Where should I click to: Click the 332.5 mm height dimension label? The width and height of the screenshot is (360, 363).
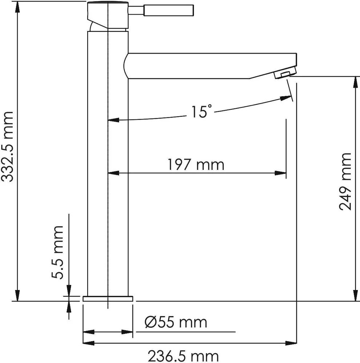[x=7, y=147]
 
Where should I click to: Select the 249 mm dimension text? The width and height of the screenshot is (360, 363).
[x=345, y=181]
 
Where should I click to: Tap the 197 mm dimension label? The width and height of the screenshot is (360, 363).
[x=196, y=165]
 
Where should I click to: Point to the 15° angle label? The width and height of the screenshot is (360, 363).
[x=201, y=111]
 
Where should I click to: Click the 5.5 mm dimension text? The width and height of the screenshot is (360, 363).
[x=57, y=252]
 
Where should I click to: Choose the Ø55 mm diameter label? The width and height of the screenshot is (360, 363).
[x=176, y=322]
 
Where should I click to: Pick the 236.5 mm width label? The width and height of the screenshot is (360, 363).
[x=183, y=356]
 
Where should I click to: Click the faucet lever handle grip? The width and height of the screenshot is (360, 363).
[x=169, y=11]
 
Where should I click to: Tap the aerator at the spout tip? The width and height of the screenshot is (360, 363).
[x=285, y=73]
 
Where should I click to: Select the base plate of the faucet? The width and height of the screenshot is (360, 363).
[x=108, y=299]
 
